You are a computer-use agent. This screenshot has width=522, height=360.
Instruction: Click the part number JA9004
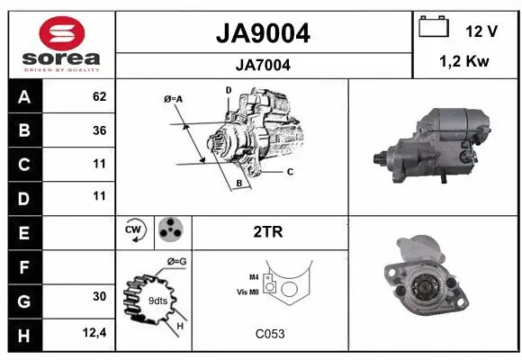[x=264, y=33]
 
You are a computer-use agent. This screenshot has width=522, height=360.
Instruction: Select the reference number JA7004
[x=264, y=65]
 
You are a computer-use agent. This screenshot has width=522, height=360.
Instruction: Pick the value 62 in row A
[x=99, y=96]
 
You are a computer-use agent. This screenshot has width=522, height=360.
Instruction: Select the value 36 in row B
[x=99, y=130]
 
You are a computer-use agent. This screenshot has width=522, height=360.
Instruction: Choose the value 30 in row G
[x=99, y=296]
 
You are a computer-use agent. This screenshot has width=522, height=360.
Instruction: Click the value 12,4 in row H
[x=95, y=334]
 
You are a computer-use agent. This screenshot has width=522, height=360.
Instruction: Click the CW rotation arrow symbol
[x=134, y=231]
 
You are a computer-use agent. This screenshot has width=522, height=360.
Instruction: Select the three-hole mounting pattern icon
[x=170, y=231]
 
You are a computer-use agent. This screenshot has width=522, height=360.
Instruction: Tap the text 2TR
[x=269, y=231]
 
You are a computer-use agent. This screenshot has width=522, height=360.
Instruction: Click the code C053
[x=269, y=334]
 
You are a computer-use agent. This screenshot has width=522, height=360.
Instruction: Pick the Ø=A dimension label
[x=173, y=98]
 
